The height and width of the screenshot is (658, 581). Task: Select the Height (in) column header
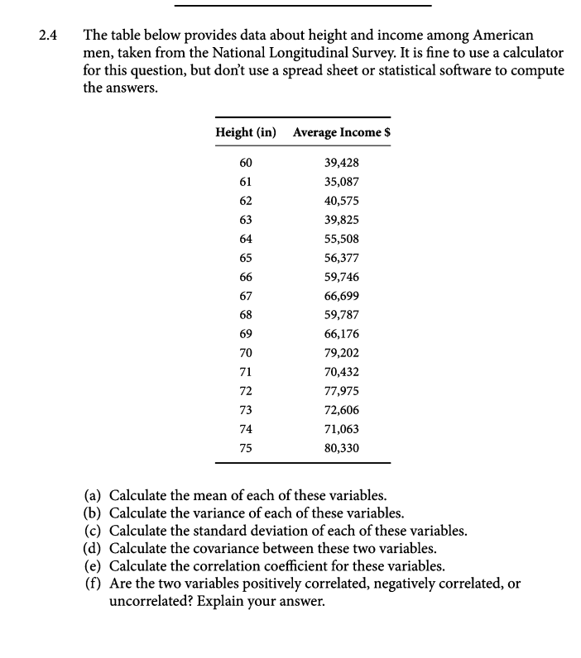pyautogui.click(x=246, y=132)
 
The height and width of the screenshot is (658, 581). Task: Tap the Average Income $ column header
pyautogui.click(x=342, y=132)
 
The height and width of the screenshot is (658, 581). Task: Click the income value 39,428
pyautogui.click(x=342, y=163)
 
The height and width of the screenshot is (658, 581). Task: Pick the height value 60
pyautogui.click(x=246, y=163)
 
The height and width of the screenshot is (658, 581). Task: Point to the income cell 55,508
pyautogui.click(x=342, y=239)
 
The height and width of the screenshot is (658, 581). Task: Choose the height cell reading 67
pyautogui.click(x=246, y=296)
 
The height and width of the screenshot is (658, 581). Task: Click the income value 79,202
pyautogui.click(x=342, y=353)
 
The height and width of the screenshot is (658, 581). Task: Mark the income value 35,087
pyautogui.click(x=342, y=182)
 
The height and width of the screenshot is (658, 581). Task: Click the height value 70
pyautogui.click(x=246, y=353)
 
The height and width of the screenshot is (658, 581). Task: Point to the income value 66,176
pyautogui.click(x=342, y=334)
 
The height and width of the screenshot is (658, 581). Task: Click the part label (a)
pyautogui.click(x=94, y=496)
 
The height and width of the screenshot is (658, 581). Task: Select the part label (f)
pyautogui.click(x=94, y=584)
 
